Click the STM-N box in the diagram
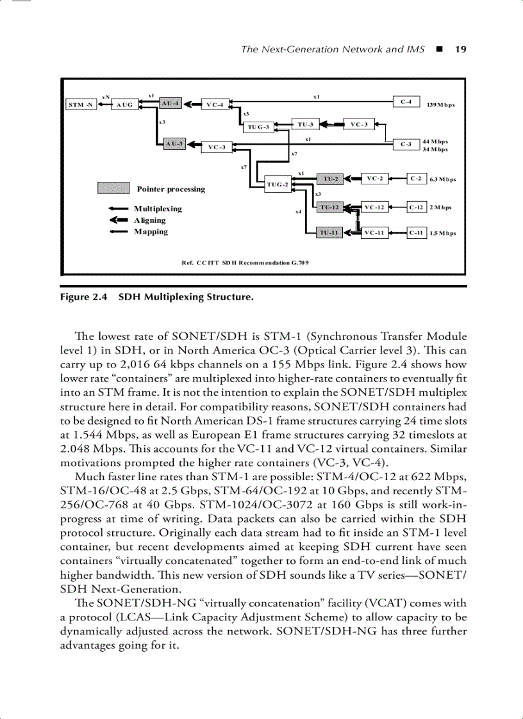[81, 104]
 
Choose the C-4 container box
[406, 101]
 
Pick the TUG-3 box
[258, 127]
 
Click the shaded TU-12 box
[329, 207]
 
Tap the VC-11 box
[374, 233]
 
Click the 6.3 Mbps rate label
[443, 180]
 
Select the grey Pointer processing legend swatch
[113, 188]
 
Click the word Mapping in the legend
[151, 232]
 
